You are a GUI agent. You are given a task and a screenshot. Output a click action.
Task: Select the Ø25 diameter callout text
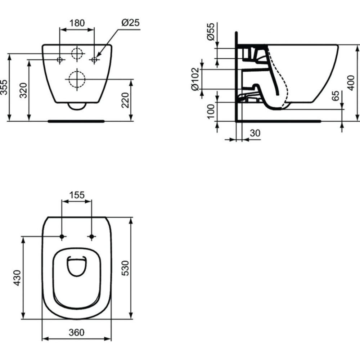click(130, 23)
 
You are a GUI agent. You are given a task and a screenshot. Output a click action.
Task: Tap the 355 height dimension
click(4, 87)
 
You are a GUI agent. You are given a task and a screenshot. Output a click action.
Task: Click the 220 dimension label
click(125, 100)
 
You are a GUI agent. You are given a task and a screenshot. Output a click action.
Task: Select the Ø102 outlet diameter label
click(195, 80)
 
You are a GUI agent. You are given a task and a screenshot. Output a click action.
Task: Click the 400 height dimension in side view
click(351, 83)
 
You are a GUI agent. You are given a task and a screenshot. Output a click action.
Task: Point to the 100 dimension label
click(211, 111)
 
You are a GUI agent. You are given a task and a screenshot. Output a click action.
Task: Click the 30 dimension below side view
click(255, 133)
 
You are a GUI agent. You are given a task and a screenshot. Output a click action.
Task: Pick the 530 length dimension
click(125, 268)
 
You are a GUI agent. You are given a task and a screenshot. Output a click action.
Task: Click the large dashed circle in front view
click(76, 78)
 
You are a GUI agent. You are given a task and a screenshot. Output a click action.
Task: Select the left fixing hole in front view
click(60, 59)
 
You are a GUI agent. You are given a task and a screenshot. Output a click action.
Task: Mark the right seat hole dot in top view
click(91, 237)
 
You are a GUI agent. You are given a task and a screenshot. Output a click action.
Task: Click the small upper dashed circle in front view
click(77, 53)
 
